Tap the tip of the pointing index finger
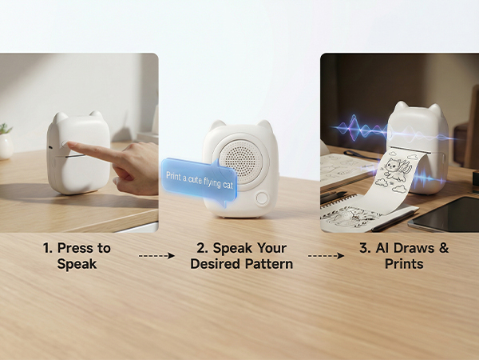click(68, 146)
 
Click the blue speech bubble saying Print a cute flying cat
click(200, 174)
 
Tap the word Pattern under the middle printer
click(267, 263)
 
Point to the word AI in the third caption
click(379, 248)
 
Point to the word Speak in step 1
click(77, 263)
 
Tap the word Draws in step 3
click(413, 248)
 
